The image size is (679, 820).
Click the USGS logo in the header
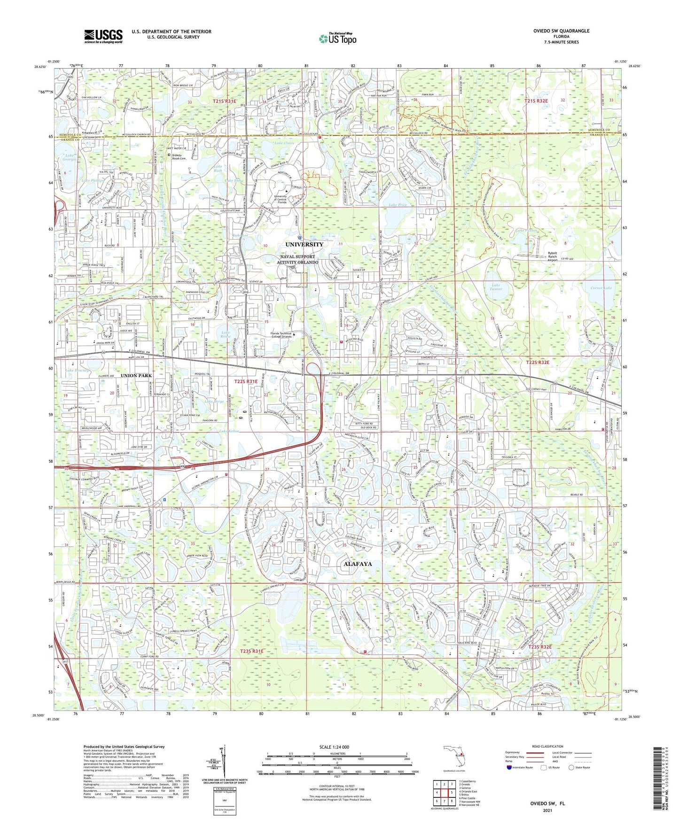(103, 36)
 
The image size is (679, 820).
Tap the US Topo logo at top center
(337, 38)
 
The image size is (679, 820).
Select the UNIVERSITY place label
(304, 244)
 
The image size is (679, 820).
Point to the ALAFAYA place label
(358, 564)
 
